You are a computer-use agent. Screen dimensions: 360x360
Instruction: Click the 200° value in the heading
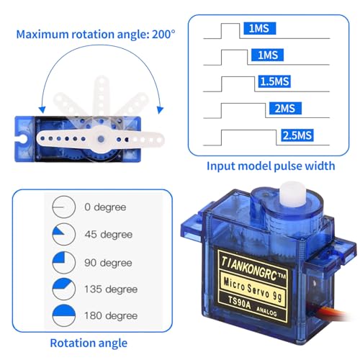[x=163, y=34]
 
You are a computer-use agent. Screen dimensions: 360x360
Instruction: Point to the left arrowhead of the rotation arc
[x=42, y=109]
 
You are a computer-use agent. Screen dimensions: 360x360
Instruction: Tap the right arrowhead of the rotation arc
[x=160, y=109]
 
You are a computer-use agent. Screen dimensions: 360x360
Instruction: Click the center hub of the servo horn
[x=101, y=139]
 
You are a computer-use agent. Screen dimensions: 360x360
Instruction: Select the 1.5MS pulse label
[x=274, y=81]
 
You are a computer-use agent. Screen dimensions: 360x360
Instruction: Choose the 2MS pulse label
[x=285, y=108]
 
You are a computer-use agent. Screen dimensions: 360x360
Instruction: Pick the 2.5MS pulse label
[x=297, y=135]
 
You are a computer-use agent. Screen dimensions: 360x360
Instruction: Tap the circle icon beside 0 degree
[x=64, y=207]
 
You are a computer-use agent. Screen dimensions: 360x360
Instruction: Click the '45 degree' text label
[x=109, y=235]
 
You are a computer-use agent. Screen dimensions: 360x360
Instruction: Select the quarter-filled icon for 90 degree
[x=64, y=263]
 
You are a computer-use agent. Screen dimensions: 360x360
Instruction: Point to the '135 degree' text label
[x=111, y=289]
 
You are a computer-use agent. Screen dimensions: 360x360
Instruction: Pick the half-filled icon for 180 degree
[x=64, y=315]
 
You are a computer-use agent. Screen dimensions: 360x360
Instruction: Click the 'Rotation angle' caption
[x=89, y=343]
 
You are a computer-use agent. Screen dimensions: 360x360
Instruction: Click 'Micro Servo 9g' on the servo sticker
[x=253, y=290]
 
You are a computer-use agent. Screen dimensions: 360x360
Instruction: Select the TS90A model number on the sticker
[x=238, y=303]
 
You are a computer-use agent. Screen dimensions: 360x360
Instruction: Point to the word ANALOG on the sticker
[x=266, y=310]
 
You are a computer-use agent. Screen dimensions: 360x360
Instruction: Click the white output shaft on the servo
[x=292, y=194]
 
